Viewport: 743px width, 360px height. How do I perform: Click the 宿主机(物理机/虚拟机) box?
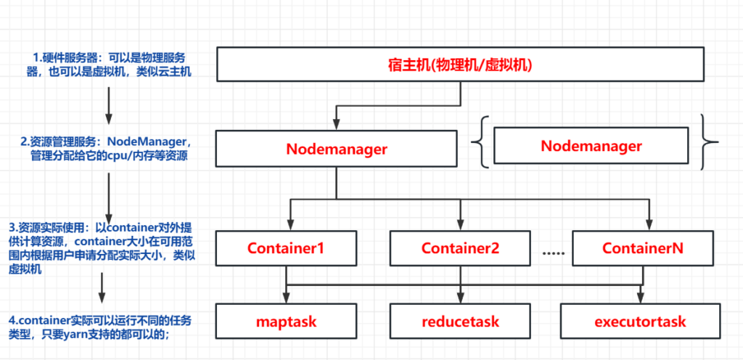tap(459, 65)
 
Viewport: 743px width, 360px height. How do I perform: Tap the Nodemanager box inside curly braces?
tap(591, 145)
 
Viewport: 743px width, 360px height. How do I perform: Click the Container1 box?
tap(285, 248)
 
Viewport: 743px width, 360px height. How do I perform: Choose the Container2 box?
tap(460, 248)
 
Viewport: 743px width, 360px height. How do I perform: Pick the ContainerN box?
tap(643, 248)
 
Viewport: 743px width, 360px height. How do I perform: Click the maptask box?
tap(286, 322)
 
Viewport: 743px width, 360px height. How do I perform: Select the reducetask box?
tap(460, 322)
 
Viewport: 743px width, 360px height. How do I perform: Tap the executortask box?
tap(640, 322)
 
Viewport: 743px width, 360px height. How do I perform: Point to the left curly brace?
tap(478, 142)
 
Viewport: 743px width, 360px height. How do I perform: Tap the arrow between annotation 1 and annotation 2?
tap(109, 105)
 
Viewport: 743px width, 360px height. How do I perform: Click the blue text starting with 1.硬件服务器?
tap(109, 65)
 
